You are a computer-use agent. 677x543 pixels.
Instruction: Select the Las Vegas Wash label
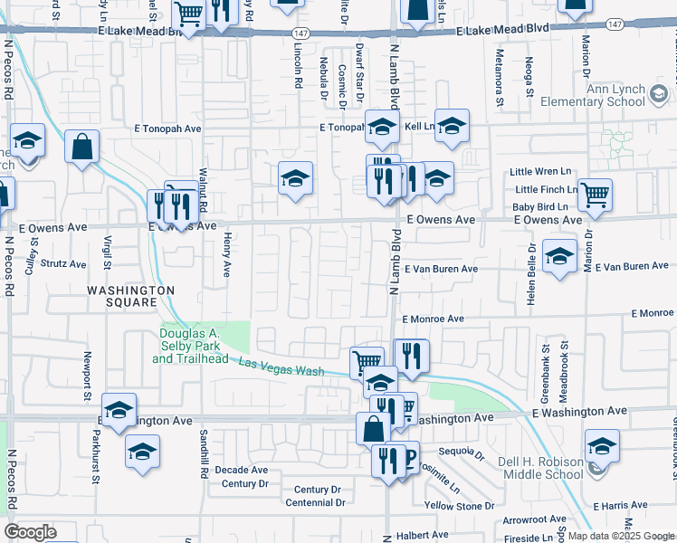tap(281, 367)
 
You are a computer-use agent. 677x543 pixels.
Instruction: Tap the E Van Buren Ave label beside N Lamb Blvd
tap(441, 269)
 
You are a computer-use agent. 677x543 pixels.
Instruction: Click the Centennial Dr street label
tap(312, 502)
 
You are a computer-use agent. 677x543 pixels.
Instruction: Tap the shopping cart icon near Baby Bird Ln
tap(595, 195)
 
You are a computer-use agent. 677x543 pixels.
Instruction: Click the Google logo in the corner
tap(31, 532)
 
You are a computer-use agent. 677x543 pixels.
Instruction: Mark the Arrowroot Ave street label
tap(531, 521)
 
